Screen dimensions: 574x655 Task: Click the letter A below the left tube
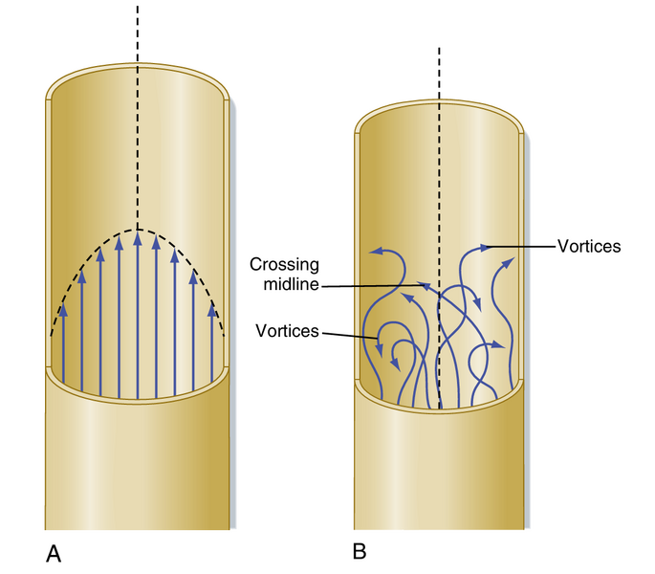click(54, 553)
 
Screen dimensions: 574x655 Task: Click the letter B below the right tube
click(360, 551)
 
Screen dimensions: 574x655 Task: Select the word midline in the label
click(292, 285)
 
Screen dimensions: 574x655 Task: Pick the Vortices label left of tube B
click(287, 331)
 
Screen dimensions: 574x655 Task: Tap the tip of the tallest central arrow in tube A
click(138, 236)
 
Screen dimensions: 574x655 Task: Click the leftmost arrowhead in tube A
click(64, 310)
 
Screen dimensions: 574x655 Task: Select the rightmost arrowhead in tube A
click(212, 310)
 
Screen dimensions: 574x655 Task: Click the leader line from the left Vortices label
click(349, 335)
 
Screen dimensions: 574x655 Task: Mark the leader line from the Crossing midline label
click(373, 285)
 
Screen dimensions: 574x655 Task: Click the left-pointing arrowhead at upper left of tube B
click(374, 253)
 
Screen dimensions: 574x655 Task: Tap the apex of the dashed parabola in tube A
click(138, 230)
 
